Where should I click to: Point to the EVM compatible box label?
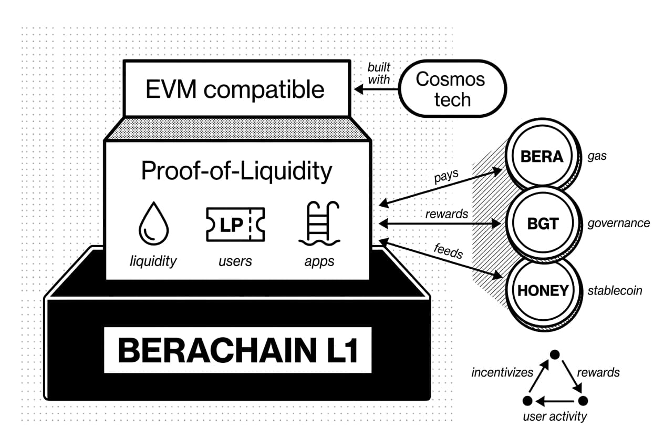(235, 89)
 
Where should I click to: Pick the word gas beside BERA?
(597, 156)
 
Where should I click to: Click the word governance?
(618, 223)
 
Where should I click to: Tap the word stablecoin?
(615, 290)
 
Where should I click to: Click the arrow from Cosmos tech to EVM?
(376, 90)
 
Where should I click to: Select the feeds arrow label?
(448, 251)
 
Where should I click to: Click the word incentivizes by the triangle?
(502, 372)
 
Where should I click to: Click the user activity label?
(555, 417)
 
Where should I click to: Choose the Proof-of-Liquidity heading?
(236, 171)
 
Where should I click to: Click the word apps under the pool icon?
(319, 261)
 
